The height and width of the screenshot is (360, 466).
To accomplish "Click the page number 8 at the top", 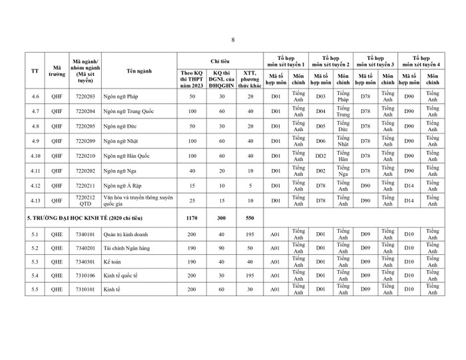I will pos(233,39).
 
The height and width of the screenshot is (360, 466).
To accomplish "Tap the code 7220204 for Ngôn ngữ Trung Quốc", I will pos(85,111).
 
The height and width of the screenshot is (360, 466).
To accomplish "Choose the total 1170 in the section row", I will pos(192,217).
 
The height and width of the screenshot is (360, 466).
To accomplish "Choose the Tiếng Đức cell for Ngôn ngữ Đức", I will pos(344,126).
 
